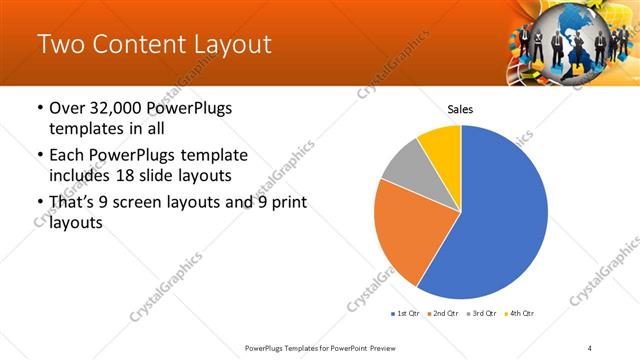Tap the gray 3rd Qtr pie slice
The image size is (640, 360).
pos(405,166)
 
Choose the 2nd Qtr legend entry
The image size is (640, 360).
pos(444,313)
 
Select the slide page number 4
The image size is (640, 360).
pos(590,347)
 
